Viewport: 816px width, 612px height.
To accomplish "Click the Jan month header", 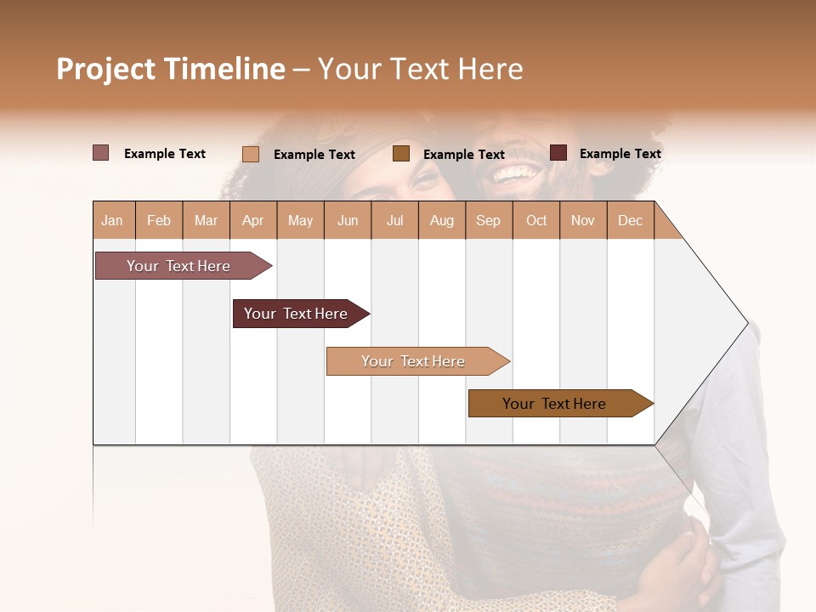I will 113,220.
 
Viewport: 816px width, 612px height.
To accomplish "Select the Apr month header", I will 253,220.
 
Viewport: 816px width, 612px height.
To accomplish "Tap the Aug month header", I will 442,220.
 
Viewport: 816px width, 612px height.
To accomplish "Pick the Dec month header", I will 630,220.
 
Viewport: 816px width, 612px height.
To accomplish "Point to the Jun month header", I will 348,220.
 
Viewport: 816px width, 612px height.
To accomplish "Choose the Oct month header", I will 536,220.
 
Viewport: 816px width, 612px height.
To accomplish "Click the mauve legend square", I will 100,153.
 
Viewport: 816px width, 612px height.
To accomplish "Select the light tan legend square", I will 251,154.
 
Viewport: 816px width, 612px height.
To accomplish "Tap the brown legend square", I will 401,154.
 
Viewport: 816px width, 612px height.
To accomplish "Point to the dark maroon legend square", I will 558,153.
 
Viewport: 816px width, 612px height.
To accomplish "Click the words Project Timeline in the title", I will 170,69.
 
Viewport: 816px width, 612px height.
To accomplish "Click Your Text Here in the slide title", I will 421,69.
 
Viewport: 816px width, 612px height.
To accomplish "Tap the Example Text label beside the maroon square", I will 620,154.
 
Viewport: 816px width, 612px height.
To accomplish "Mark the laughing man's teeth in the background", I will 516,174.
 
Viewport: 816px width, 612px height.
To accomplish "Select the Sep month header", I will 488,220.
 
